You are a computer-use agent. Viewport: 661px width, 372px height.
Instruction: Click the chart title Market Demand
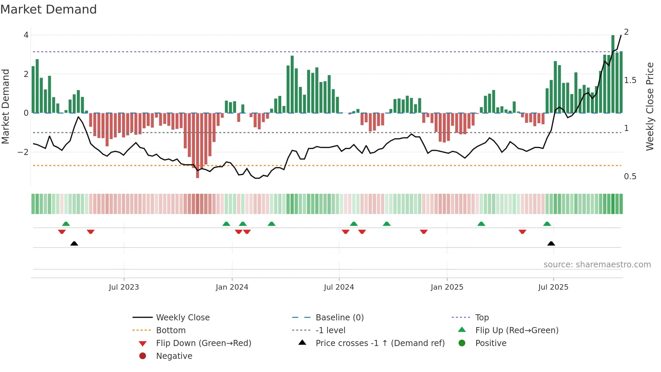coord(49,9)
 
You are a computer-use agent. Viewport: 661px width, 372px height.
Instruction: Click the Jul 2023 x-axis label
coord(124,287)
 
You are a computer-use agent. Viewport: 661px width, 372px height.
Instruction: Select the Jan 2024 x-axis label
coord(232,287)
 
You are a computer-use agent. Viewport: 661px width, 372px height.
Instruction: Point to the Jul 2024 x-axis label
coord(339,287)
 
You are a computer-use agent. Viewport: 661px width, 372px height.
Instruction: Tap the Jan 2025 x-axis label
coord(447,287)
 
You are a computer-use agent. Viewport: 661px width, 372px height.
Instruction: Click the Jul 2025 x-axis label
coord(553,287)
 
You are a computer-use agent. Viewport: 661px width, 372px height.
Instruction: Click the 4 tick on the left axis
coord(26,35)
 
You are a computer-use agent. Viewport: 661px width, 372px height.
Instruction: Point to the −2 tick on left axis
coord(23,152)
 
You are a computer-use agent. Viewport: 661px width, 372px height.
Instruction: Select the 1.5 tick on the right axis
coord(630,80)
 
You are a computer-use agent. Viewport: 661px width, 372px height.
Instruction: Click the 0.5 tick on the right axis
coord(630,177)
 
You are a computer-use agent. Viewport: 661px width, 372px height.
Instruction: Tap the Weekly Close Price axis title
coord(650,106)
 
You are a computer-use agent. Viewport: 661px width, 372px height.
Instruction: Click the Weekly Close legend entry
coord(182,318)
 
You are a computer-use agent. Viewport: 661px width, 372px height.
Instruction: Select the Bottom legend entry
coord(171,330)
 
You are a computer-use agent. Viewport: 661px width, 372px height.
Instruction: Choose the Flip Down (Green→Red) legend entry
coord(203,343)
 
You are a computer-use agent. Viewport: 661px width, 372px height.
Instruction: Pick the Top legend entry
coord(482,318)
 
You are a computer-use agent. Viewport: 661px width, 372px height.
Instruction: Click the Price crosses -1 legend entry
coord(380,343)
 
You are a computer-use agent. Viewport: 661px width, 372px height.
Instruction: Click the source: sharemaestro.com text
coord(597,265)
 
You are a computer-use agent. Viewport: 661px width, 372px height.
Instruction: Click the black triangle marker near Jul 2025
coord(551,244)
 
